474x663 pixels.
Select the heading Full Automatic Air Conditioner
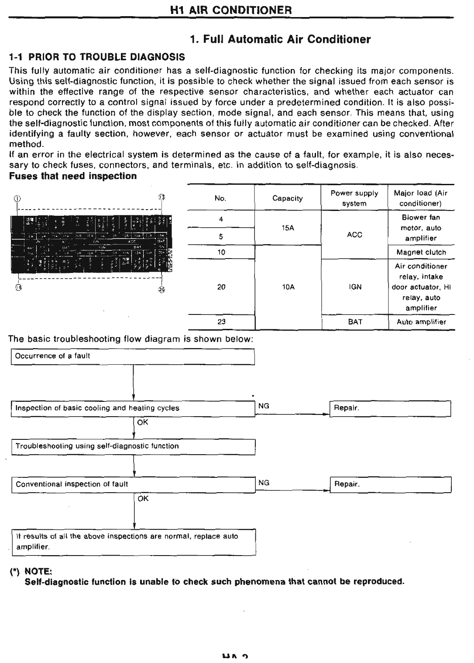point(281,39)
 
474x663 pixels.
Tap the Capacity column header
point(287,198)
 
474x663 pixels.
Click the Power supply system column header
point(354,198)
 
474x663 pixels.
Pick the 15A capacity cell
point(288,228)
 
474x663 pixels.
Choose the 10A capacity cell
point(288,287)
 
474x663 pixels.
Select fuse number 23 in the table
point(221,322)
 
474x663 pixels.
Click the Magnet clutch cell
point(421,252)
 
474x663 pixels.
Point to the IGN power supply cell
point(355,287)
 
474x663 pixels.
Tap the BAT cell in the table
point(355,322)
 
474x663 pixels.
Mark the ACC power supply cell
point(354,235)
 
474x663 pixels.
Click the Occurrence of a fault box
point(133,356)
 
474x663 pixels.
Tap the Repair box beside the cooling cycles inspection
point(390,408)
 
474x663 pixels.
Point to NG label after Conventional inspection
point(264,483)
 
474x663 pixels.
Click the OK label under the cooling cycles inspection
point(143,422)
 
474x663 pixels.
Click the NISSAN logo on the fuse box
point(170,260)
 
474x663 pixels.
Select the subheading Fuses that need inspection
point(73,176)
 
